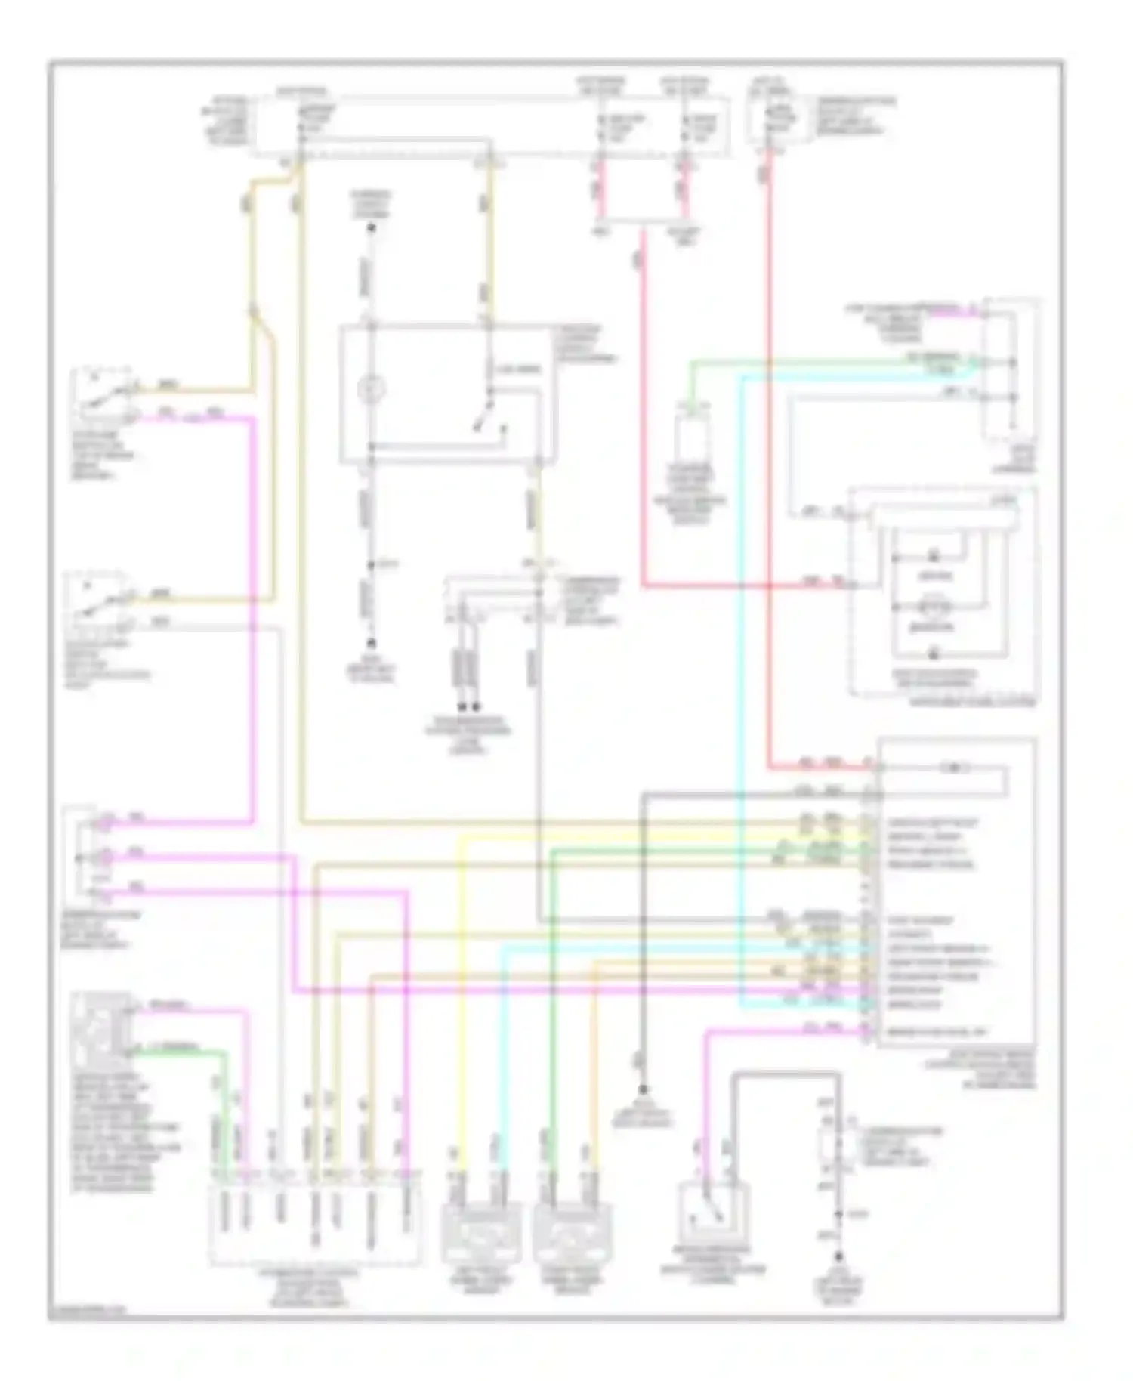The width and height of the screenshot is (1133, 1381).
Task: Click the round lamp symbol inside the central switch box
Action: (x=371, y=390)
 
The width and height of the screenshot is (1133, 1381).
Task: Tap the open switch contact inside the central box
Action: (x=484, y=420)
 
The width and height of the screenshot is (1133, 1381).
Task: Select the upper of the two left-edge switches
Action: (x=100, y=395)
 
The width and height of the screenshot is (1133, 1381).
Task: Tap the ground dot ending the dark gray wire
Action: (x=644, y=1089)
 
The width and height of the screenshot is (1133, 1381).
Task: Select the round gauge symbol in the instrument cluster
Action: (x=934, y=606)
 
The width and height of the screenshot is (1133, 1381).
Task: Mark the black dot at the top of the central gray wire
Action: (x=371, y=227)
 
